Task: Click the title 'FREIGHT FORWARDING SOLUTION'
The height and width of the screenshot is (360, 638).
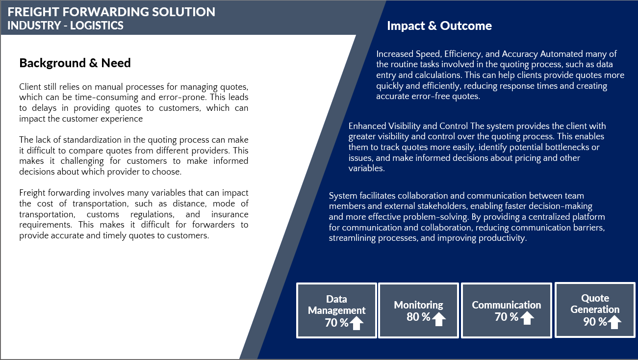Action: click(x=111, y=12)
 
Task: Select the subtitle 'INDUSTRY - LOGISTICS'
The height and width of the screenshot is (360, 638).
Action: click(x=66, y=26)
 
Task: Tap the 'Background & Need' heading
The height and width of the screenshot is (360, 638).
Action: click(x=75, y=63)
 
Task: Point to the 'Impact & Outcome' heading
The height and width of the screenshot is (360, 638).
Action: click(x=439, y=26)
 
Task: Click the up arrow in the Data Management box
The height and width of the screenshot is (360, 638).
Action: click(x=357, y=323)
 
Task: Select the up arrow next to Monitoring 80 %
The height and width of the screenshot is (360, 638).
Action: click(x=438, y=319)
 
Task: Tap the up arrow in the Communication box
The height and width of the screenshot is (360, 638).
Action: click(x=527, y=318)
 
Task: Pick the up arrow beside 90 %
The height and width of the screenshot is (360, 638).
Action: click(x=614, y=322)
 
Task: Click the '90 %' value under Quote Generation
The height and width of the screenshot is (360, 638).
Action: click(x=595, y=322)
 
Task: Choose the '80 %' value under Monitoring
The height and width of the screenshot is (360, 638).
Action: click(x=418, y=317)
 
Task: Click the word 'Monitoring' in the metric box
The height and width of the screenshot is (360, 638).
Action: click(x=418, y=305)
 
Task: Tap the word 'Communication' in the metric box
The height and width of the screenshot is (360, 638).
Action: click(x=507, y=305)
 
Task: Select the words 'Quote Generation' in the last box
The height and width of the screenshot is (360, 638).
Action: click(x=595, y=304)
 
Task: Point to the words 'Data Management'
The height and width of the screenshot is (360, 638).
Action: click(x=336, y=305)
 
